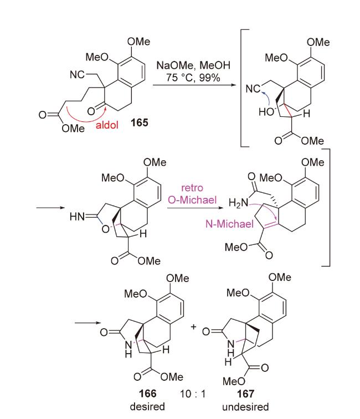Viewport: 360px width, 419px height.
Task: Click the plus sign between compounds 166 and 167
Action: click(193, 327)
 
